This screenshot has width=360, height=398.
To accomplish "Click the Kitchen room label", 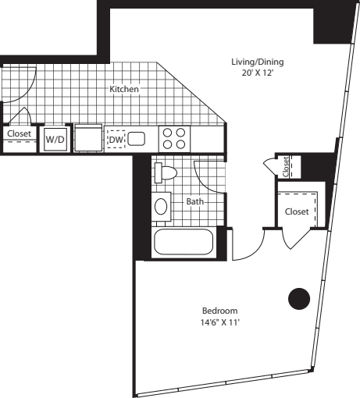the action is coord(124,89).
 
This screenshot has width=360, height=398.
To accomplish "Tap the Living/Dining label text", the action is coord(258,62).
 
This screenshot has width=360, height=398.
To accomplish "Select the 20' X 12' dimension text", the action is coord(258,73).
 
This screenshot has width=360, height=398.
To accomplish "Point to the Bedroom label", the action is coord(219,311).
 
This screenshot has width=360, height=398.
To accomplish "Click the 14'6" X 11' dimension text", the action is coord(219,322).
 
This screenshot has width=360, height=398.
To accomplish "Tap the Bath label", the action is coord(194,201).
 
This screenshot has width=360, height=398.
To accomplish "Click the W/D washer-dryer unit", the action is coord(55,139).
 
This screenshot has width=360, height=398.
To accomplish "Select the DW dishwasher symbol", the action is coord(116,140).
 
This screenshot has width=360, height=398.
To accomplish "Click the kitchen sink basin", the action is coord(136,139).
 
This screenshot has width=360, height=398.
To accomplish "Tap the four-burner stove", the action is coord(174,139).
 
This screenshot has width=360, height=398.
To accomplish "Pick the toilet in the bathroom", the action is coord(165,172).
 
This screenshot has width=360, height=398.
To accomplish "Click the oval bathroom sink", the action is coord(161,206).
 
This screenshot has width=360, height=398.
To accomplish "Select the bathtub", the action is coord(184,243).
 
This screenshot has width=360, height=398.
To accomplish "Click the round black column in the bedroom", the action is coord(299,299).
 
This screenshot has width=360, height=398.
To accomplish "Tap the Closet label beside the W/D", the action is coord(19,133).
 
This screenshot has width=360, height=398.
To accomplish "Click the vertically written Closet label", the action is coord(286,167).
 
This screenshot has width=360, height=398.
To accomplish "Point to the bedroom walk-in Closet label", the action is coord(297,211).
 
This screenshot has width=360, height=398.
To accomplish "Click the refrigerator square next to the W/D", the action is coord(88,138).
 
